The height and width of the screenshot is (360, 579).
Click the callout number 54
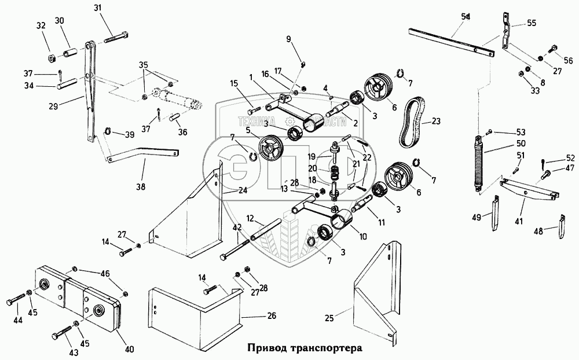click(x=466, y=17)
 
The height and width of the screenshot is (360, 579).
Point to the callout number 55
click(x=532, y=24)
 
